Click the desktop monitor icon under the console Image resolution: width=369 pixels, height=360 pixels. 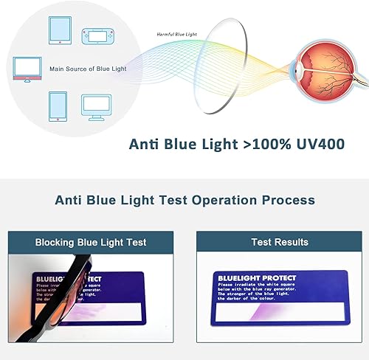97,106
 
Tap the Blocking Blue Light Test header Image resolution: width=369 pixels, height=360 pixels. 91,242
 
